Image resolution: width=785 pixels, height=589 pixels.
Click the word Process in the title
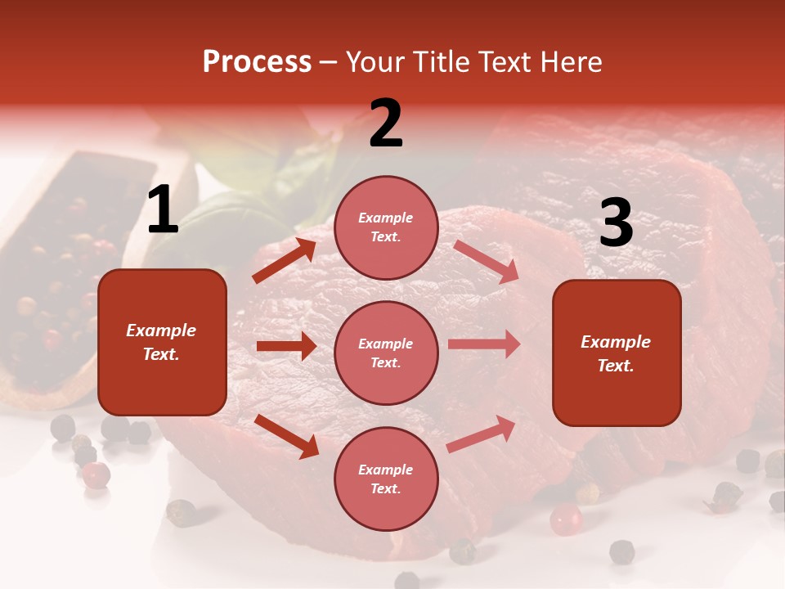[x=257, y=61]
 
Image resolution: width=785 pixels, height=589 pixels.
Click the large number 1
[x=163, y=210]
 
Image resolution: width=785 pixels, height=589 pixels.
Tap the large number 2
[x=386, y=124]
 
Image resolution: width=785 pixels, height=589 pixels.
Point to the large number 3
[x=616, y=223]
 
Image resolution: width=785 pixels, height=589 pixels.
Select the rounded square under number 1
[x=162, y=342]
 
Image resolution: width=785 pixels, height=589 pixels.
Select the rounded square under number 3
[x=617, y=353]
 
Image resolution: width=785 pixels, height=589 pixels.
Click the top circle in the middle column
[x=386, y=227]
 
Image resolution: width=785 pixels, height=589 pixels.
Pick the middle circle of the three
[x=386, y=353]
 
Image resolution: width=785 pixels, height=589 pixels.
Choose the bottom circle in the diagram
[x=386, y=479]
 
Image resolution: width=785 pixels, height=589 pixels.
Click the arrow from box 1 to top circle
[x=285, y=261]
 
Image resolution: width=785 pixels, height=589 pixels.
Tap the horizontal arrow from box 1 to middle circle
[x=286, y=346]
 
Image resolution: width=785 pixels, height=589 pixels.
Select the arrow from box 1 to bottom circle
[x=286, y=435]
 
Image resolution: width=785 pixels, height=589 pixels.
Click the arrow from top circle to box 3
[x=485, y=261]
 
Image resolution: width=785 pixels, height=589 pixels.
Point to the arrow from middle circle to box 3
[x=484, y=344]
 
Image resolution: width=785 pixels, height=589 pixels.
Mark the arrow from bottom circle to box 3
[x=481, y=434]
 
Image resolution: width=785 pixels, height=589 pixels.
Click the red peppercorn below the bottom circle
[x=565, y=519]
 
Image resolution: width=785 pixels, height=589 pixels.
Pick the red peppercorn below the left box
[x=96, y=474]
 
